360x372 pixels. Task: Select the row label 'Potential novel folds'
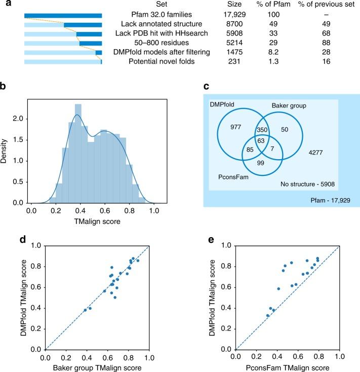point(159,61)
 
